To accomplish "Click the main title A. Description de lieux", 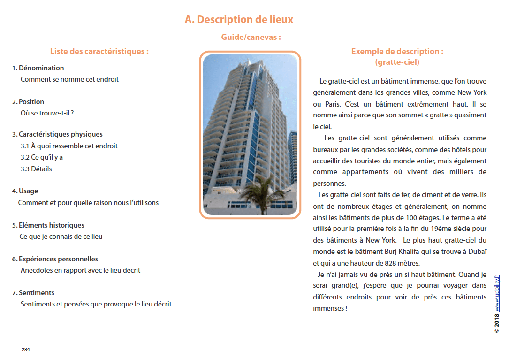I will (x=239, y=20).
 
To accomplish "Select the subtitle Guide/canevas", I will (x=251, y=37).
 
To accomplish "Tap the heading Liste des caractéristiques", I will (x=99, y=51).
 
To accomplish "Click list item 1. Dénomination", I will (x=38, y=68).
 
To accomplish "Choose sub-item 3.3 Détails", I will (x=36, y=169).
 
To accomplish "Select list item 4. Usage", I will (x=25, y=191).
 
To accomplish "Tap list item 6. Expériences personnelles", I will (x=55, y=259).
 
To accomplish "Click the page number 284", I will (x=26, y=350).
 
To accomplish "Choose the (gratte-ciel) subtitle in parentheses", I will (x=397, y=62).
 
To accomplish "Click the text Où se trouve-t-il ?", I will (x=47, y=113).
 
